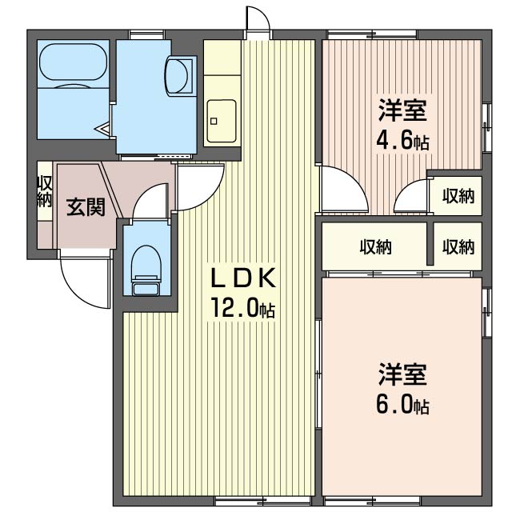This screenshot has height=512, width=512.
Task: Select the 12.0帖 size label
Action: tap(242, 308)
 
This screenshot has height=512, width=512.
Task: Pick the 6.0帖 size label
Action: tap(402, 405)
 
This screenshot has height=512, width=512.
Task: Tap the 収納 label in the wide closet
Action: tap(375, 247)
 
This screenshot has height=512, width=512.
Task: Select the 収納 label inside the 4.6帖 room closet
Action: tap(458, 194)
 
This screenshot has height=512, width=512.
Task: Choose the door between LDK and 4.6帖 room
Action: tap(341, 189)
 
